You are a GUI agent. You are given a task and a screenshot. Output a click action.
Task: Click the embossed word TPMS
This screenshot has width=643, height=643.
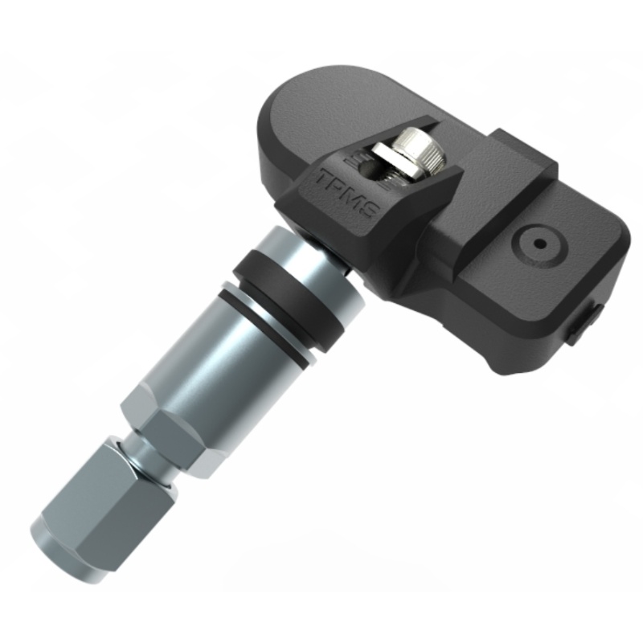(347, 195)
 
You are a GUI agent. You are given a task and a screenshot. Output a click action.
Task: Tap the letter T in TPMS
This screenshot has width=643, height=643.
(326, 178)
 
